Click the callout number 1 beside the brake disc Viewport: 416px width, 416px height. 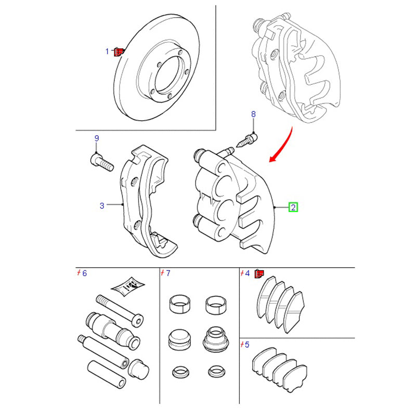tap(108, 51)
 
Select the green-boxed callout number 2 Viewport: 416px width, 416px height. tap(293, 207)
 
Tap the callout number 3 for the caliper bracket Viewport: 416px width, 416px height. tap(102, 205)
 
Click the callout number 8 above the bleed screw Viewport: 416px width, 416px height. tap(253, 114)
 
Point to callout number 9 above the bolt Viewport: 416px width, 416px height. tap(96, 138)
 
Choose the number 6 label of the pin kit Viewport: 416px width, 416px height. tap(85, 273)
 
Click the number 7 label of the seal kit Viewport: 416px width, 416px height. tap(168, 273)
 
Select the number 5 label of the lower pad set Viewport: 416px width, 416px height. tap(247, 344)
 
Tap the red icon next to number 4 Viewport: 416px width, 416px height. tap(259, 274)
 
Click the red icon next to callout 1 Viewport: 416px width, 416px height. tap(118, 51)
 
